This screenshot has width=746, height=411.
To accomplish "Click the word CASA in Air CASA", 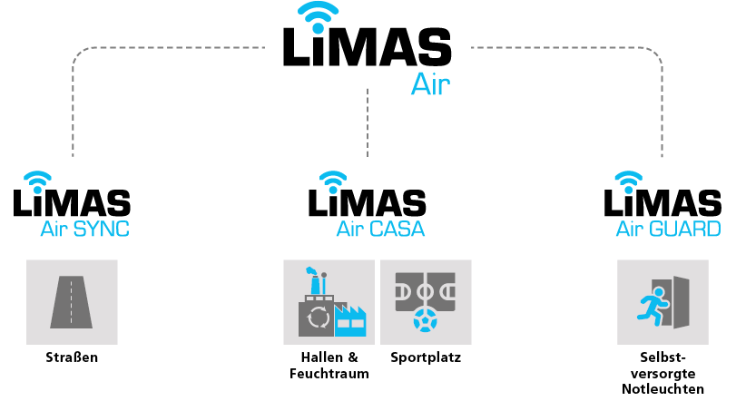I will pyautogui.click(x=397, y=230).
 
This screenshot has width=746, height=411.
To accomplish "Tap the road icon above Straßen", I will pyautogui.click(x=72, y=301).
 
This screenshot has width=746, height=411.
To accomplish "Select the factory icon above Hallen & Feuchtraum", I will pyautogui.click(x=329, y=301).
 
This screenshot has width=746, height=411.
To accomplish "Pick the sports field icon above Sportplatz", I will pyautogui.click(x=426, y=301).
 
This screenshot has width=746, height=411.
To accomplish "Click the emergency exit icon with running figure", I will pyautogui.click(x=663, y=301).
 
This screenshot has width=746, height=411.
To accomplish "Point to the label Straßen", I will pyautogui.click(x=72, y=357).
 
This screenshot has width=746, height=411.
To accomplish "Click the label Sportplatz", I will pyautogui.click(x=426, y=357).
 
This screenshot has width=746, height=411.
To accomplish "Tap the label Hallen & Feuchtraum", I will pyautogui.click(x=329, y=365).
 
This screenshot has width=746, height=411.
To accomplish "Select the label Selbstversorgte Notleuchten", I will pyautogui.click(x=663, y=373).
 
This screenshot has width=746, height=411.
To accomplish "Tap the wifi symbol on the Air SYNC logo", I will pyautogui.click(x=38, y=177).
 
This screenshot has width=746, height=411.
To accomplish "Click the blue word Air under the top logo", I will pyautogui.click(x=430, y=84).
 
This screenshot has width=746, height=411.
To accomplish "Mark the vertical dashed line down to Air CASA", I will pyautogui.click(x=368, y=122).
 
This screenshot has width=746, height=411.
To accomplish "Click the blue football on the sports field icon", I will pyautogui.click(x=426, y=320).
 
